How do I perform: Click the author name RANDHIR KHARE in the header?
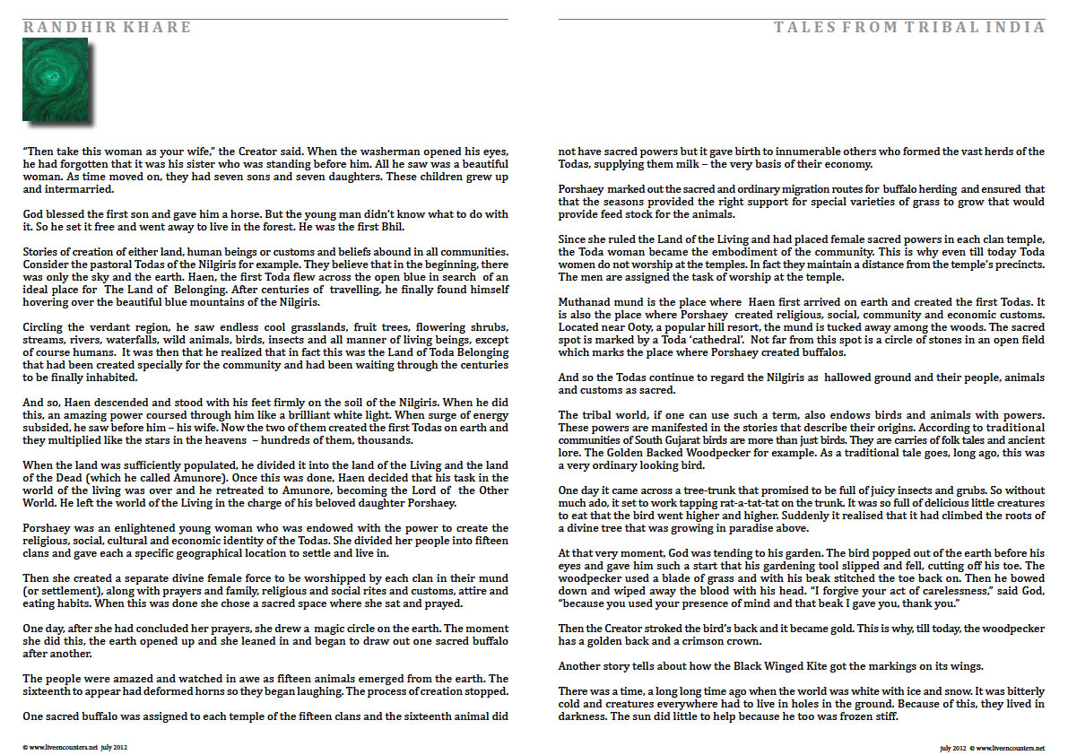pyautogui.click(x=107, y=28)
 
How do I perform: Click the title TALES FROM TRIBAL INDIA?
pyautogui.click(x=909, y=28)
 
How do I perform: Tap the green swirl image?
pyautogui.click(x=56, y=80)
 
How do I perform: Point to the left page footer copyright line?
pyautogui.click(x=76, y=746)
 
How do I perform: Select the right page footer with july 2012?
pyautogui.click(x=992, y=746)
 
